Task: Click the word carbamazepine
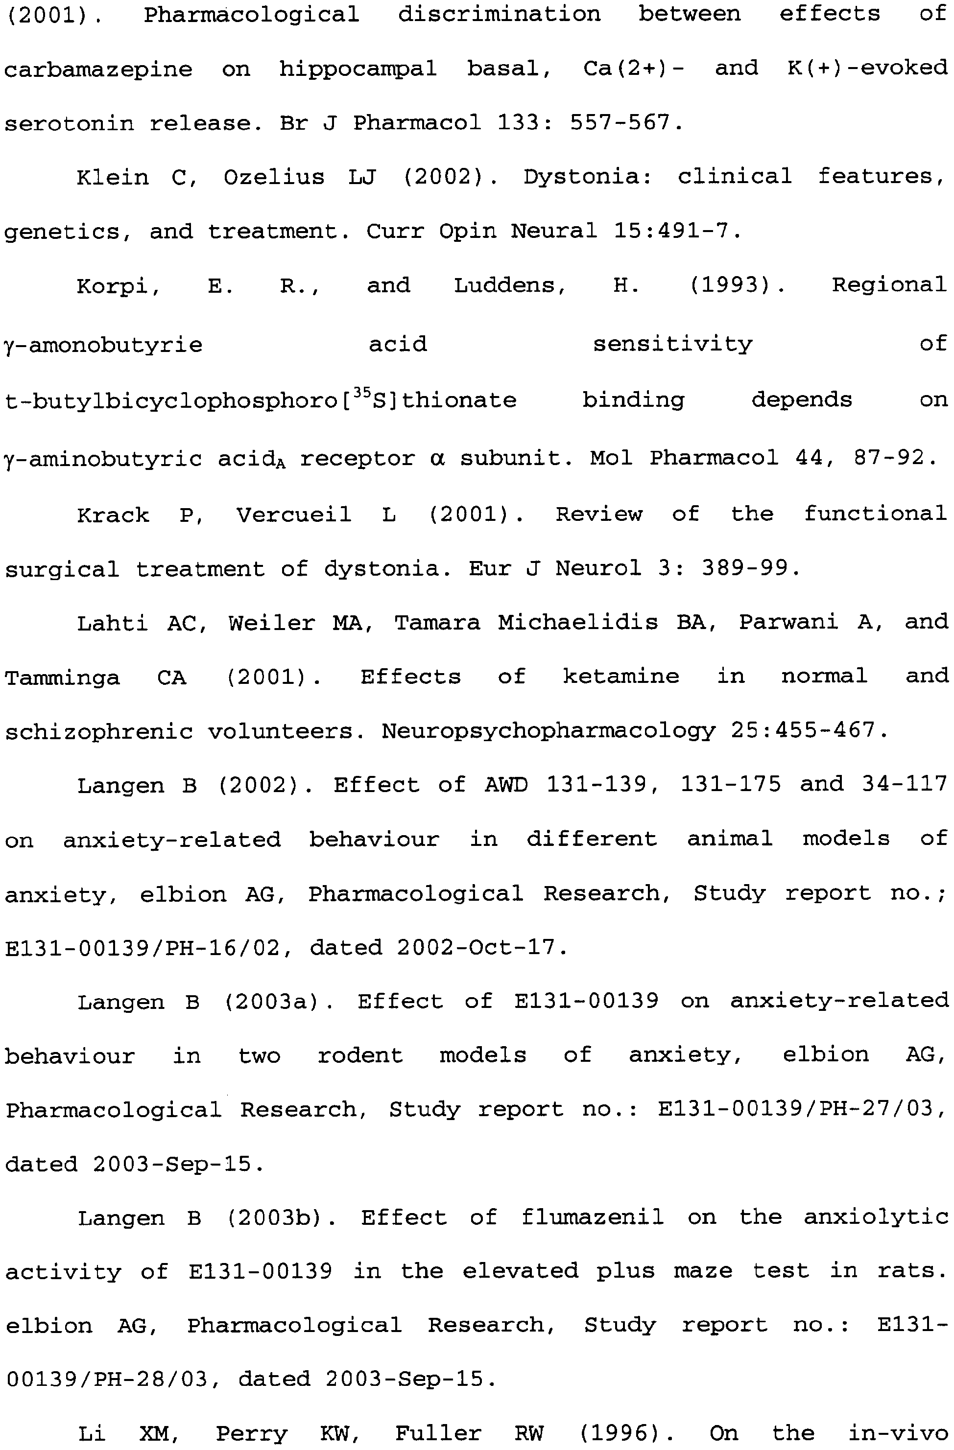pyautogui.click(x=97, y=70)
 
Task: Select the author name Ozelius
pyautogui.click(x=274, y=177)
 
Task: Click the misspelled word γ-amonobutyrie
pyautogui.click(x=103, y=345)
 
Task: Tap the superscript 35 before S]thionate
pyautogui.click(x=361, y=393)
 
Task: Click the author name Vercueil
pyautogui.click(x=294, y=515)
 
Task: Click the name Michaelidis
pyautogui.click(x=577, y=622)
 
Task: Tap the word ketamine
pyautogui.click(x=620, y=676)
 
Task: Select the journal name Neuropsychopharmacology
pyautogui.click(x=549, y=730)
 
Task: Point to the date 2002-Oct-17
pyautogui.click(x=481, y=947)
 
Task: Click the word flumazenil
pyautogui.click(x=592, y=1217)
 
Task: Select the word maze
pyautogui.click(x=702, y=1271)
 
